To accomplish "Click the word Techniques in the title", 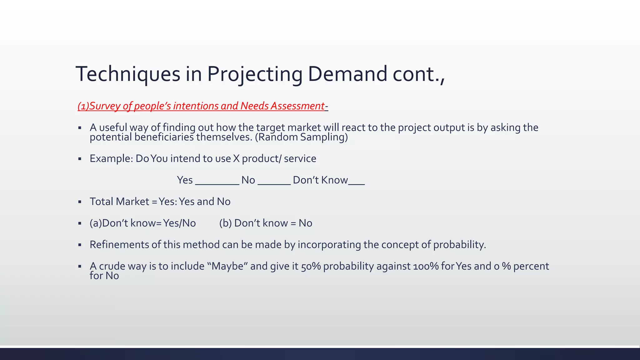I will pyautogui.click(x=128, y=74).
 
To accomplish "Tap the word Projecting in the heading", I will pyautogui.click(x=254, y=74).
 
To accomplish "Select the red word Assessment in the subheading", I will pyautogui.click(x=297, y=106).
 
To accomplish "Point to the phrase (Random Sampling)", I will pyautogui.click(x=301, y=137).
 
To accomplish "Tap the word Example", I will pyautogui.click(x=111, y=159).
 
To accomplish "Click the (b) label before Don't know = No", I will pyautogui.click(x=225, y=223).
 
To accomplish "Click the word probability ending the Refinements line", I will pyautogui.click(x=459, y=245).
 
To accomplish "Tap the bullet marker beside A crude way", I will pyautogui.click(x=80, y=267).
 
